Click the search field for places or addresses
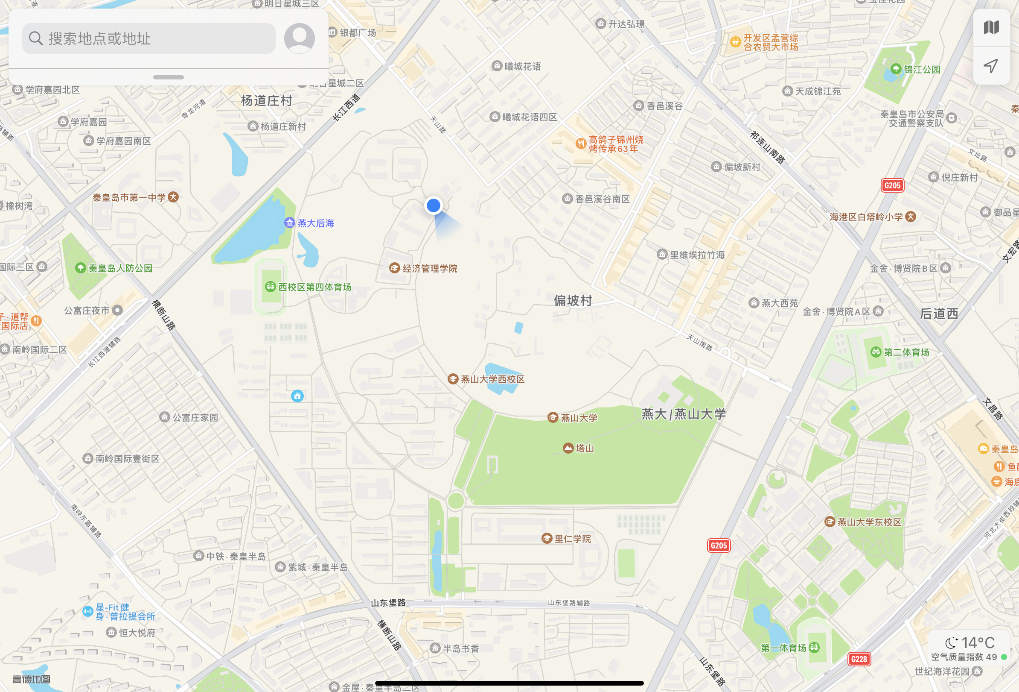(x=149, y=38)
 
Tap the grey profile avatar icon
(x=300, y=38)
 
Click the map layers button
(x=991, y=28)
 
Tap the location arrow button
(x=991, y=66)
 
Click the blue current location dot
(x=433, y=205)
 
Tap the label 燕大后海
(x=315, y=223)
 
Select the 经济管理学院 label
(x=429, y=269)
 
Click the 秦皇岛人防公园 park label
(x=120, y=268)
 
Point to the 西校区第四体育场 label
(x=314, y=287)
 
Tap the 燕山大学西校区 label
(x=492, y=379)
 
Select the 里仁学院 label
(x=572, y=539)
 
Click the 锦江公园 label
(x=921, y=69)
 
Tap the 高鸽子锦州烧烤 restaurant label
(x=616, y=144)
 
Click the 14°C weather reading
(x=977, y=643)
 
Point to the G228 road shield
(x=859, y=659)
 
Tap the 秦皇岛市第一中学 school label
(x=129, y=197)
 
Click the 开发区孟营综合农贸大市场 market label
(x=770, y=43)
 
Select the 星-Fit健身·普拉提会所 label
(x=125, y=612)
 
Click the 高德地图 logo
(x=31, y=679)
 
